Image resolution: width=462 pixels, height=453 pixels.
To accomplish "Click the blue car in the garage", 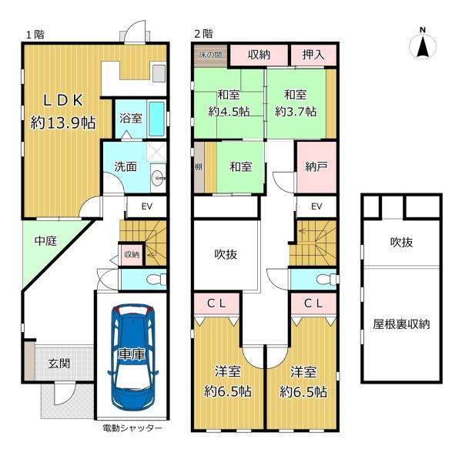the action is pos(132,356).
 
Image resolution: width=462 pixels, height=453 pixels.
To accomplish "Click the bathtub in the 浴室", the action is pos(156,119).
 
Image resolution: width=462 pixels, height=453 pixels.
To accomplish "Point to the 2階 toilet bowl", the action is pos(326,279).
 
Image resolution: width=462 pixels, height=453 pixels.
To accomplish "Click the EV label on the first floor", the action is pos(147,206).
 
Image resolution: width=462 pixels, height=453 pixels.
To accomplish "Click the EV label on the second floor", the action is pos(316,206).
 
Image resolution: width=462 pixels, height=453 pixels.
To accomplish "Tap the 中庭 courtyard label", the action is pos(45,241).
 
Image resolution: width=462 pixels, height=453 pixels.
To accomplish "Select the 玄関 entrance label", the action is pos(59,364).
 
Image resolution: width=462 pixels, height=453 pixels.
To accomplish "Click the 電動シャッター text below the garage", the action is pos(132,428).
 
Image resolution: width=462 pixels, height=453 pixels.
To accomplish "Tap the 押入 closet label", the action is pos(313,55).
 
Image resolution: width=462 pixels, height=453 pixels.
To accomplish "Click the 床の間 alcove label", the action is pos(210,55).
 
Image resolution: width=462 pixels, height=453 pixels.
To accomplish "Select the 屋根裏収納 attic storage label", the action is pos(401,324).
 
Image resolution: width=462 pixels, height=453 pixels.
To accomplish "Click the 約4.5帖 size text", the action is pos(229,112).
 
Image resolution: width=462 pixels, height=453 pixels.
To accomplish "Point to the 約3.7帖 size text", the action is pos(296,112).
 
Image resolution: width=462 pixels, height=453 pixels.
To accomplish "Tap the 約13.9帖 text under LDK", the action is pos(63,122).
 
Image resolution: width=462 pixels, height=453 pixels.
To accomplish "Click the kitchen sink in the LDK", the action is pos(159,73).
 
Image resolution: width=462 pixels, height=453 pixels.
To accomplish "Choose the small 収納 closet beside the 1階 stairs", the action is pos(132,254).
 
